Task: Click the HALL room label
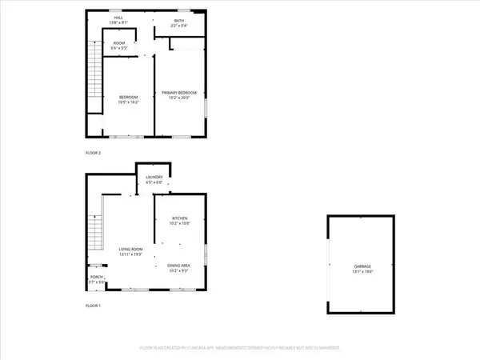[x=118, y=17]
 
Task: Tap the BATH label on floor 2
[x=179, y=22]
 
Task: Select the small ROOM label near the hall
[x=118, y=42]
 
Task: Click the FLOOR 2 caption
[x=94, y=152]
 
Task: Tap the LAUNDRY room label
[x=154, y=178]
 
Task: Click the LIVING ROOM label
[x=131, y=250]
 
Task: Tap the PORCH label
[x=95, y=278]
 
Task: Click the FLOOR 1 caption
[x=94, y=306]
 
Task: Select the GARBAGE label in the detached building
[x=364, y=266]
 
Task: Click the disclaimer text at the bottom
[x=240, y=348]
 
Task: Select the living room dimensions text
[x=131, y=255]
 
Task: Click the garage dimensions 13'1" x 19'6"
[x=364, y=272]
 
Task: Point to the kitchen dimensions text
[x=180, y=222]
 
